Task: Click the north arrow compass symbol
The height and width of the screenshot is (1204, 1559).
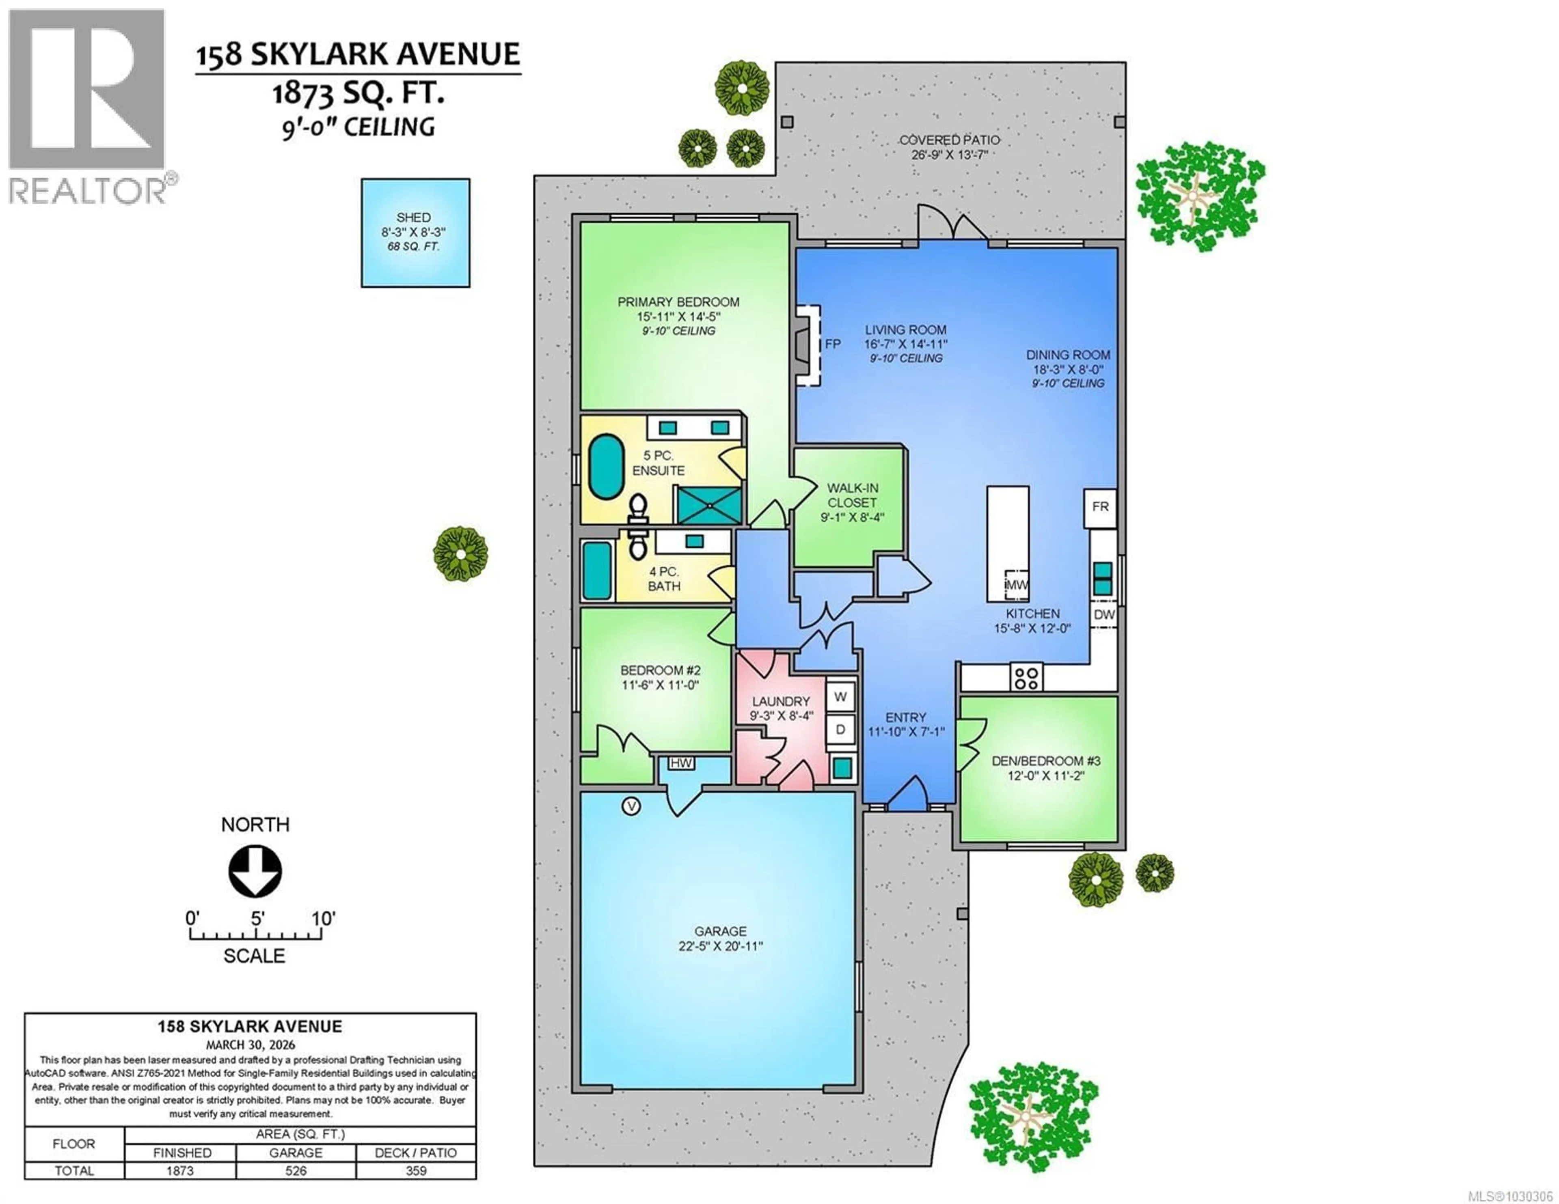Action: point(255,871)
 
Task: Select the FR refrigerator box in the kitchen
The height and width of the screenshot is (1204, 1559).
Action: point(1100,507)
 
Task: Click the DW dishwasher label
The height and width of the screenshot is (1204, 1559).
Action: point(1103,614)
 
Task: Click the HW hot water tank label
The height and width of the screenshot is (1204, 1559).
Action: point(681,763)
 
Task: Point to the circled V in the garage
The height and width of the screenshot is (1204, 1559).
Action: point(631,806)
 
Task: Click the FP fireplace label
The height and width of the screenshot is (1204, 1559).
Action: point(832,344)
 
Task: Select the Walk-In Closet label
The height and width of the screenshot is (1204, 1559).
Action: point(852,495)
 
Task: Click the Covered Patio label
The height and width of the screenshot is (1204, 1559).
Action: point(949,140)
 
